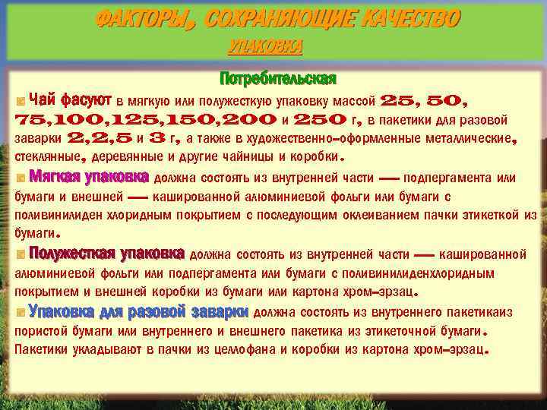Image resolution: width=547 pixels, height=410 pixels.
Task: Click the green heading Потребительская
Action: point(277,79)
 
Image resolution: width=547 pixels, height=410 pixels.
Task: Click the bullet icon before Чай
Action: point(21,101)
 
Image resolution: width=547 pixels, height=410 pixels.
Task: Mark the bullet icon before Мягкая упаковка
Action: point(21,179)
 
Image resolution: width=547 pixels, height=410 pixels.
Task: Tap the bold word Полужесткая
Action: point(69,253)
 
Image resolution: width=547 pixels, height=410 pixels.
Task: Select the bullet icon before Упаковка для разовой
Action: point(21,312)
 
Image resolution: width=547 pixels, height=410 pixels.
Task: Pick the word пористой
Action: point(43,331)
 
